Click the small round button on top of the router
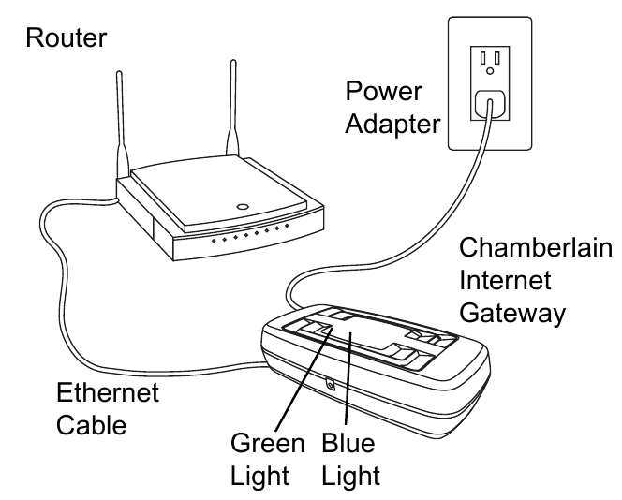(243, 205)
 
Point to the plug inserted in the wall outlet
(489, 106)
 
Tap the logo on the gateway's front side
(331, 384)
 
